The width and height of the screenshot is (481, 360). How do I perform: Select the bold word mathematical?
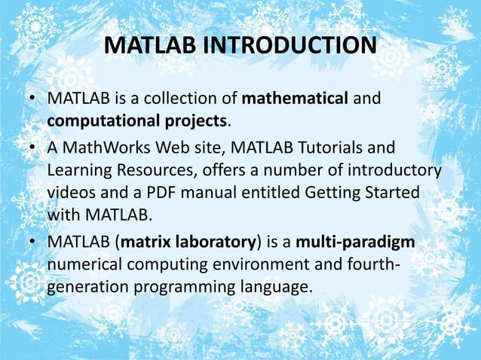(286, 99)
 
